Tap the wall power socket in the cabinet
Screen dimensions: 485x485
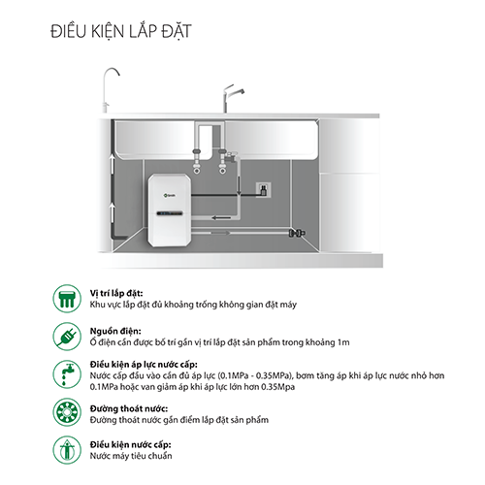tap(264, 190)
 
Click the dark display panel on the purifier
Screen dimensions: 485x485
tap(170, 213)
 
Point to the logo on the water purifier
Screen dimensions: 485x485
tap(170, 195)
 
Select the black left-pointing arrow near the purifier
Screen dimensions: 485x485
tap(221, 217)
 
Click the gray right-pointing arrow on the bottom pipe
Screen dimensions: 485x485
tap(220, 233)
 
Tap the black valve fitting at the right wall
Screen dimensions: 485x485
tap(297, 233)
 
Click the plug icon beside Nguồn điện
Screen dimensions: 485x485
tap(67, 337)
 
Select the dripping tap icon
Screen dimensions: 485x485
tap(67, 374)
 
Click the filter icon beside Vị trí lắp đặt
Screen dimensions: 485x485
tap(67, 299)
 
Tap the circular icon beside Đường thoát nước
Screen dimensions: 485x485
tap(67, 412)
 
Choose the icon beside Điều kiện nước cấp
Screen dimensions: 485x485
tap(67, 450)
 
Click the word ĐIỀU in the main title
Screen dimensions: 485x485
tap(69, 31)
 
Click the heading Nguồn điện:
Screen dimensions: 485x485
tap(115, 331)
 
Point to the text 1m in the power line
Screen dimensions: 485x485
tap(343, 342)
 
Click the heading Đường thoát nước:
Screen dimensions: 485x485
tap(129, 408)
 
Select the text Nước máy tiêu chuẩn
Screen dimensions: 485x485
tap(131, 456)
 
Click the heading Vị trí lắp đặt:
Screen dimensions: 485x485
tap(116, 293)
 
